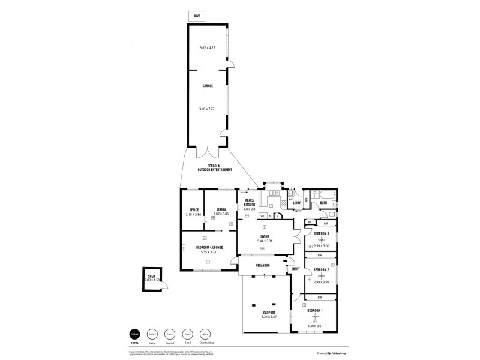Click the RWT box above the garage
coord(197,16)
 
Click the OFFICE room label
coord(193,209)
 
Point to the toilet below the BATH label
coord(332,214)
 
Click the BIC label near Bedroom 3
coord(310,223)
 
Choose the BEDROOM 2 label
coord(322,269)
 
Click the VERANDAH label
coord(262,265)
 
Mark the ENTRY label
coord(296,268)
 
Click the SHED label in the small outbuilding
coord(151,276)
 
